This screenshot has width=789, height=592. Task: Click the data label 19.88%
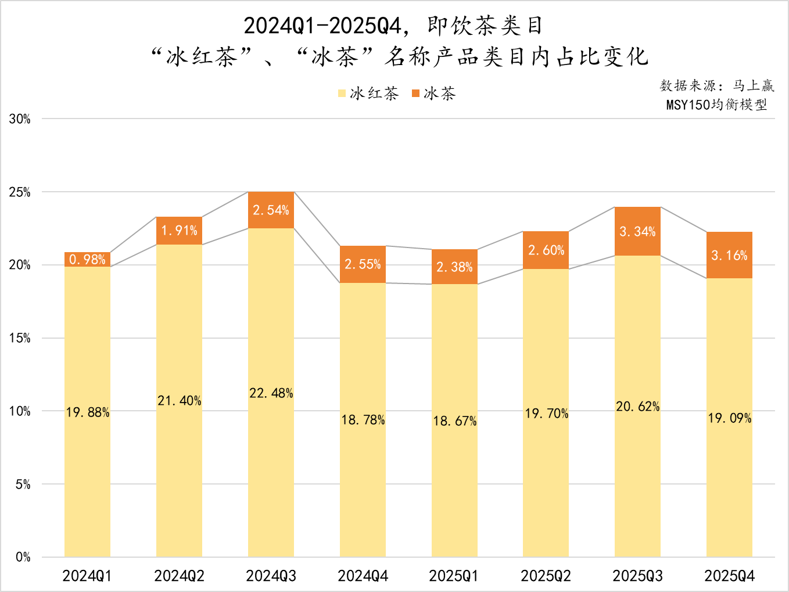click(88, 412)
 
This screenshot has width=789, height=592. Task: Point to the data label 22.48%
click(271, 393)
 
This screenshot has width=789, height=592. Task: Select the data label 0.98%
click(87, 260)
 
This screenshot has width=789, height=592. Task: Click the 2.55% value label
click(363, 264)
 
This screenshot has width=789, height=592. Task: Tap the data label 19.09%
click(729, 418)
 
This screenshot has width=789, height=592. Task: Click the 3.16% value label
click(729, 256)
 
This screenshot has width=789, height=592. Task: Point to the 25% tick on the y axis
click(20, 192)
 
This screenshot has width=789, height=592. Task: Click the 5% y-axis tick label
click(23, 485)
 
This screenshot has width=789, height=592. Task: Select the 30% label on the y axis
click(20, 119)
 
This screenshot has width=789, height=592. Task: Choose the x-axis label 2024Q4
click(363, 576)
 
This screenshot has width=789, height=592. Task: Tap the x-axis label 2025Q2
click(546, 576)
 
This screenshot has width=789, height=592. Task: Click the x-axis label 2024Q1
click(87, 576)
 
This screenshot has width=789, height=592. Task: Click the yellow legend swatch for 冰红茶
click(342, 94)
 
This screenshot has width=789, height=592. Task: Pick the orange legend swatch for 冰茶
click(415, 94)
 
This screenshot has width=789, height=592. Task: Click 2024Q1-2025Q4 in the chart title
click(322, 26)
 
